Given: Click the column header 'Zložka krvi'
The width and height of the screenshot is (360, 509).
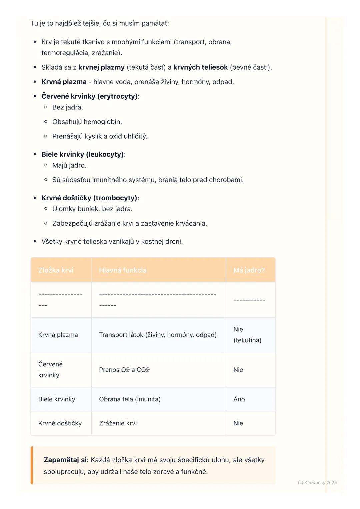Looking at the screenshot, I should (56, 270).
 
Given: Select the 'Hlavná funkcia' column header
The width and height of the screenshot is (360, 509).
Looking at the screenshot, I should (123, 270).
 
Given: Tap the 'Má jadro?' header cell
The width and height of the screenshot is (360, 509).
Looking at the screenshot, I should (249, 270).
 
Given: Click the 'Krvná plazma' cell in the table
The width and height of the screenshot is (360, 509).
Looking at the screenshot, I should (58, 335).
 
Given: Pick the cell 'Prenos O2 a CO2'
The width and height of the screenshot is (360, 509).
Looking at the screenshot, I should (124, 370).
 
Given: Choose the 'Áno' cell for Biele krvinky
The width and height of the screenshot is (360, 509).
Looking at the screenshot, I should (239, 399).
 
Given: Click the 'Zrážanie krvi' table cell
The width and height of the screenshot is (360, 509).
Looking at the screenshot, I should (118, 423).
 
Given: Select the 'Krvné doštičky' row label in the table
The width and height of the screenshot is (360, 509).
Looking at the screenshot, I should (60, 423).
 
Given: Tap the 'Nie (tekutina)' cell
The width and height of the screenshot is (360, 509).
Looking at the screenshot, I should (247, 335).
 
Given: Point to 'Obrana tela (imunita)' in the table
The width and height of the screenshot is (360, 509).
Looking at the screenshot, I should (130, 399).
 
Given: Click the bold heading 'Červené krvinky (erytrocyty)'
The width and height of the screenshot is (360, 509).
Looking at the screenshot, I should (89, 96).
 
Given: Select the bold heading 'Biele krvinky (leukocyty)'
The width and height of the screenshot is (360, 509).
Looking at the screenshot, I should (83, 154).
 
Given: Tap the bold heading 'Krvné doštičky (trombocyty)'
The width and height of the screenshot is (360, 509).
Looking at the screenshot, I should (89, 198).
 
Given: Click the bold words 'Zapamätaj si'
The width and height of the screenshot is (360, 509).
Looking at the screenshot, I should (65, 460).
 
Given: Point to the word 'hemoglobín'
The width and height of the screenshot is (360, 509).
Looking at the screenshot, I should (103, 122).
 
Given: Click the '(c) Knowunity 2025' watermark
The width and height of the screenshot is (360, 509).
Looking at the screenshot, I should (317, 482).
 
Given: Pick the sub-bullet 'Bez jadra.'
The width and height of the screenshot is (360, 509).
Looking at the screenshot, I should (68, 107).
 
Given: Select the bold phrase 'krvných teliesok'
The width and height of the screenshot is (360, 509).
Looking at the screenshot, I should (200, 67).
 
